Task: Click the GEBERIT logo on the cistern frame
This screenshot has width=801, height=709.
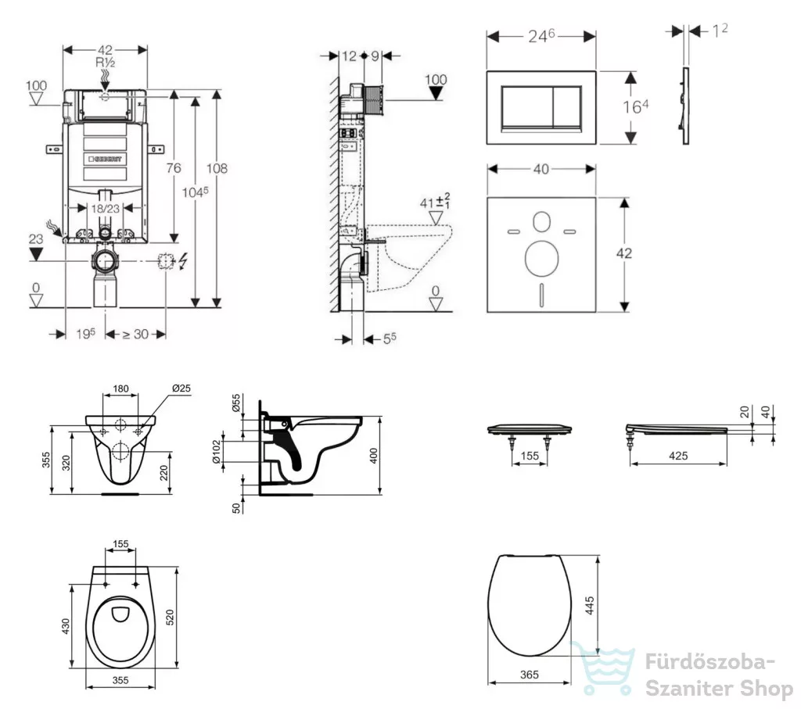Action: [106, 159]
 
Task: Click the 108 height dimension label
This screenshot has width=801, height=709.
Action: [217, 168]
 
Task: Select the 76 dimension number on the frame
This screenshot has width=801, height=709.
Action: [174, 168]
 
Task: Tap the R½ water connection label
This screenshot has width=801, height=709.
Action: [106, 63]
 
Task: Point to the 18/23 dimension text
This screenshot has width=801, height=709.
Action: [106, 208]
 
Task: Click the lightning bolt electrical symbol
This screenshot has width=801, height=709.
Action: [182, 261]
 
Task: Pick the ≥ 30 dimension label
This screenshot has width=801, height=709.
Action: [135, 335]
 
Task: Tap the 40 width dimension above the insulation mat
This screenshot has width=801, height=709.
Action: [541, 169]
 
